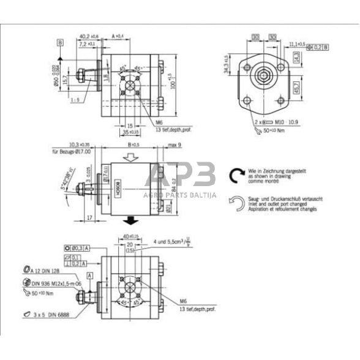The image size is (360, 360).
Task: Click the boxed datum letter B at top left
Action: (60, 42)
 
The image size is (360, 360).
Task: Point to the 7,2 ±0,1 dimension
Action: (86, 44)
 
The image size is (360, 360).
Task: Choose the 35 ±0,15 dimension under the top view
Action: (130, 131)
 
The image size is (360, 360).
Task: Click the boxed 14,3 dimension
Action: (296, 58)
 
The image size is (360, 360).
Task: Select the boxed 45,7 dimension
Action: (296, 86)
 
